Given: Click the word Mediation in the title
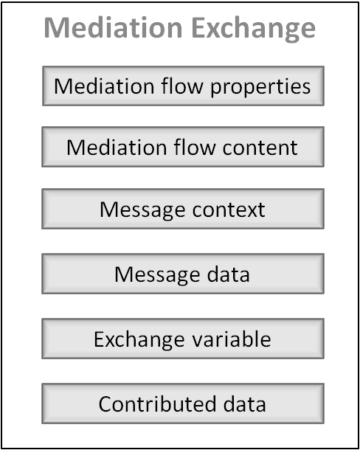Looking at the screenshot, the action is click(x=113, y=27).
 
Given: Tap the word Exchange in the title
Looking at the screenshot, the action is click(x=253, y=29).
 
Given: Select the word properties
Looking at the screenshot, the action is click(x=260, y=87).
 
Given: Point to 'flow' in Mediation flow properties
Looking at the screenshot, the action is click(x=182, y=86).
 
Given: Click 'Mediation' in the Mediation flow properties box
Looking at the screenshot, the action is click(x=104, y=86).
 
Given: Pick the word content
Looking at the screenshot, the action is click(x=260, y=148).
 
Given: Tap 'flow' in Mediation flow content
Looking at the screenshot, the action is click(x=194, y=147).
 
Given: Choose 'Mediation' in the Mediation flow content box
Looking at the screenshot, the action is click(x=117, y=148).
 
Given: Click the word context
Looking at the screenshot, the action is click(x=229, y=210).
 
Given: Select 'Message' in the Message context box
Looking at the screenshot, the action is click(x=142, y=210).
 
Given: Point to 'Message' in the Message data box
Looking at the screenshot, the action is click(x=157, y=275).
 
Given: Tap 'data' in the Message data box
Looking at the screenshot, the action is click(x=228, y=274).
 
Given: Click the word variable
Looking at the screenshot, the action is click(x=232, y=339).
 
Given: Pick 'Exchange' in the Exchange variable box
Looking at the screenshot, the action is click(x=139, y=340).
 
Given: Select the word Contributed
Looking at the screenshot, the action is click(x=157, y=404).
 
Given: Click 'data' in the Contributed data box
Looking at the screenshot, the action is click(x=245, y=404).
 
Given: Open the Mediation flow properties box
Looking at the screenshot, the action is click(x=183, y=86).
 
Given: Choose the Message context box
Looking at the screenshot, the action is click(x=183, y=209).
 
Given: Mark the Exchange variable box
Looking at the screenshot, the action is click(x=183, y=339).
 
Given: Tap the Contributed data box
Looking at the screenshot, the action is click(x=183, y=404).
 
